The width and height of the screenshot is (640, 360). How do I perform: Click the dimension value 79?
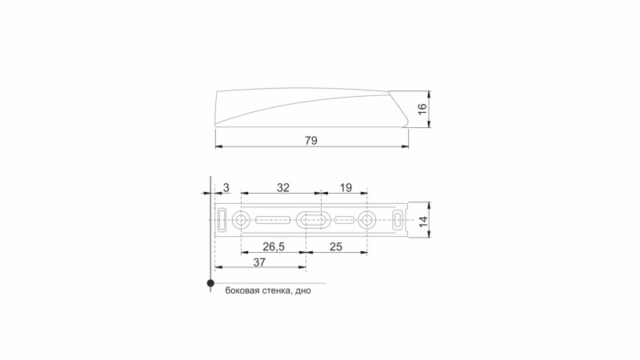click(x=311, y=140)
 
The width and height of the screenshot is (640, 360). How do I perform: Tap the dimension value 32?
click(x=282, y=187)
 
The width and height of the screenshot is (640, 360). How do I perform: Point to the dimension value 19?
click(x=346, y=187)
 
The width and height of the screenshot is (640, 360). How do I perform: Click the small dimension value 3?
click(x=226, y=187)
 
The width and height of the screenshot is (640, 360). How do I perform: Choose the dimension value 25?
click(x=336, y=246)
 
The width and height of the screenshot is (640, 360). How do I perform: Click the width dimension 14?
click(x=422, y=218)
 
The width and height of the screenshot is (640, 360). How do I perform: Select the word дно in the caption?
click(x=302, y=292)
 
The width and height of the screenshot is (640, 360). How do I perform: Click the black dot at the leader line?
click(x=210, y=282)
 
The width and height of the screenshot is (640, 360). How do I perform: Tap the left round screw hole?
click(x=242, y=218)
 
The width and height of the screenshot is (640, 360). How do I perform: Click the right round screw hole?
click(x=367, y=218)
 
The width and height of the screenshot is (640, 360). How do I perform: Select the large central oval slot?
click(x=310, y=218)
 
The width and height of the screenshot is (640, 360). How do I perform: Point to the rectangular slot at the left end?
click(x=223, y=218)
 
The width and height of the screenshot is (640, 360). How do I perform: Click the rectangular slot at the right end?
click(x=398, y=218)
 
